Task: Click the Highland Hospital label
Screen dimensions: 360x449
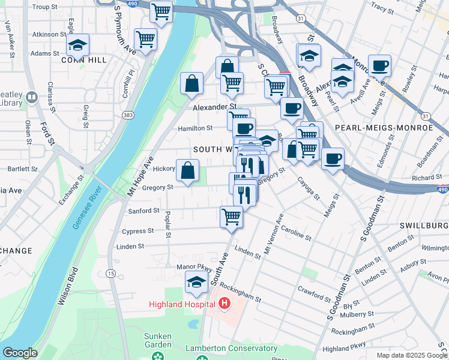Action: (182, 304)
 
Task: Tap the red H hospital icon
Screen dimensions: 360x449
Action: (224, 304)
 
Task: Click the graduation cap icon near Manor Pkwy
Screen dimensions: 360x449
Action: (196, 282)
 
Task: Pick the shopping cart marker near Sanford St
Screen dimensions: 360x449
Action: (231, 217)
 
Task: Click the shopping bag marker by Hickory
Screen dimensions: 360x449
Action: (188, 170)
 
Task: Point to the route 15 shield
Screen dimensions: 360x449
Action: (111, 273)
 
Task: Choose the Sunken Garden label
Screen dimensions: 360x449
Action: (158, 340)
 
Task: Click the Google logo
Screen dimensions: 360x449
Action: (20, 353)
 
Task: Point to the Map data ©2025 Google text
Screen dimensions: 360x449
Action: (411, 355)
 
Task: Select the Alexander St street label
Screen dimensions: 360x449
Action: (210, 107)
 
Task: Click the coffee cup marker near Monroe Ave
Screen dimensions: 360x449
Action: (379, 65)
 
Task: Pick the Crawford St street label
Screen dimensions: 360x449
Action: (314, 292)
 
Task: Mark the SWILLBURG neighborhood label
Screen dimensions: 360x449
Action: (423, 225)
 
